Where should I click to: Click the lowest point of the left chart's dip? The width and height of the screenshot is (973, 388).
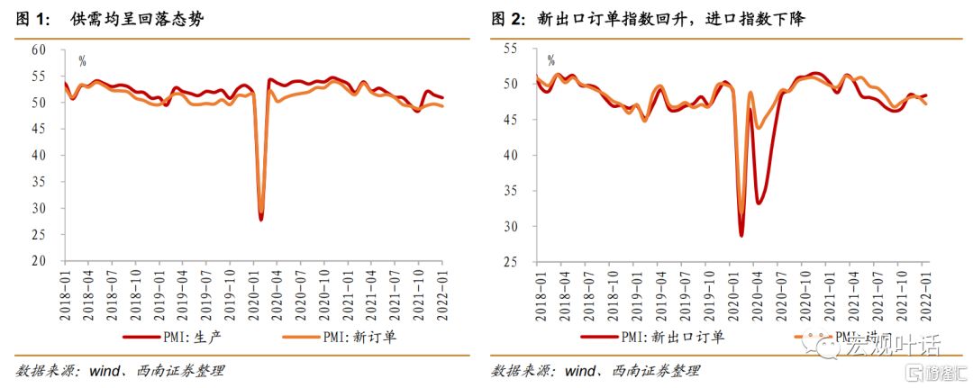click(x=261, y=219)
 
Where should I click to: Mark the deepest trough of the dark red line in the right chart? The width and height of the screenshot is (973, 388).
click(x=741, y=236)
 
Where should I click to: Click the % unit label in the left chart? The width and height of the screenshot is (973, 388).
click(x=82, y=62)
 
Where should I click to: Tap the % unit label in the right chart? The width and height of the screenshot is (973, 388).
click(x=550, y=62)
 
